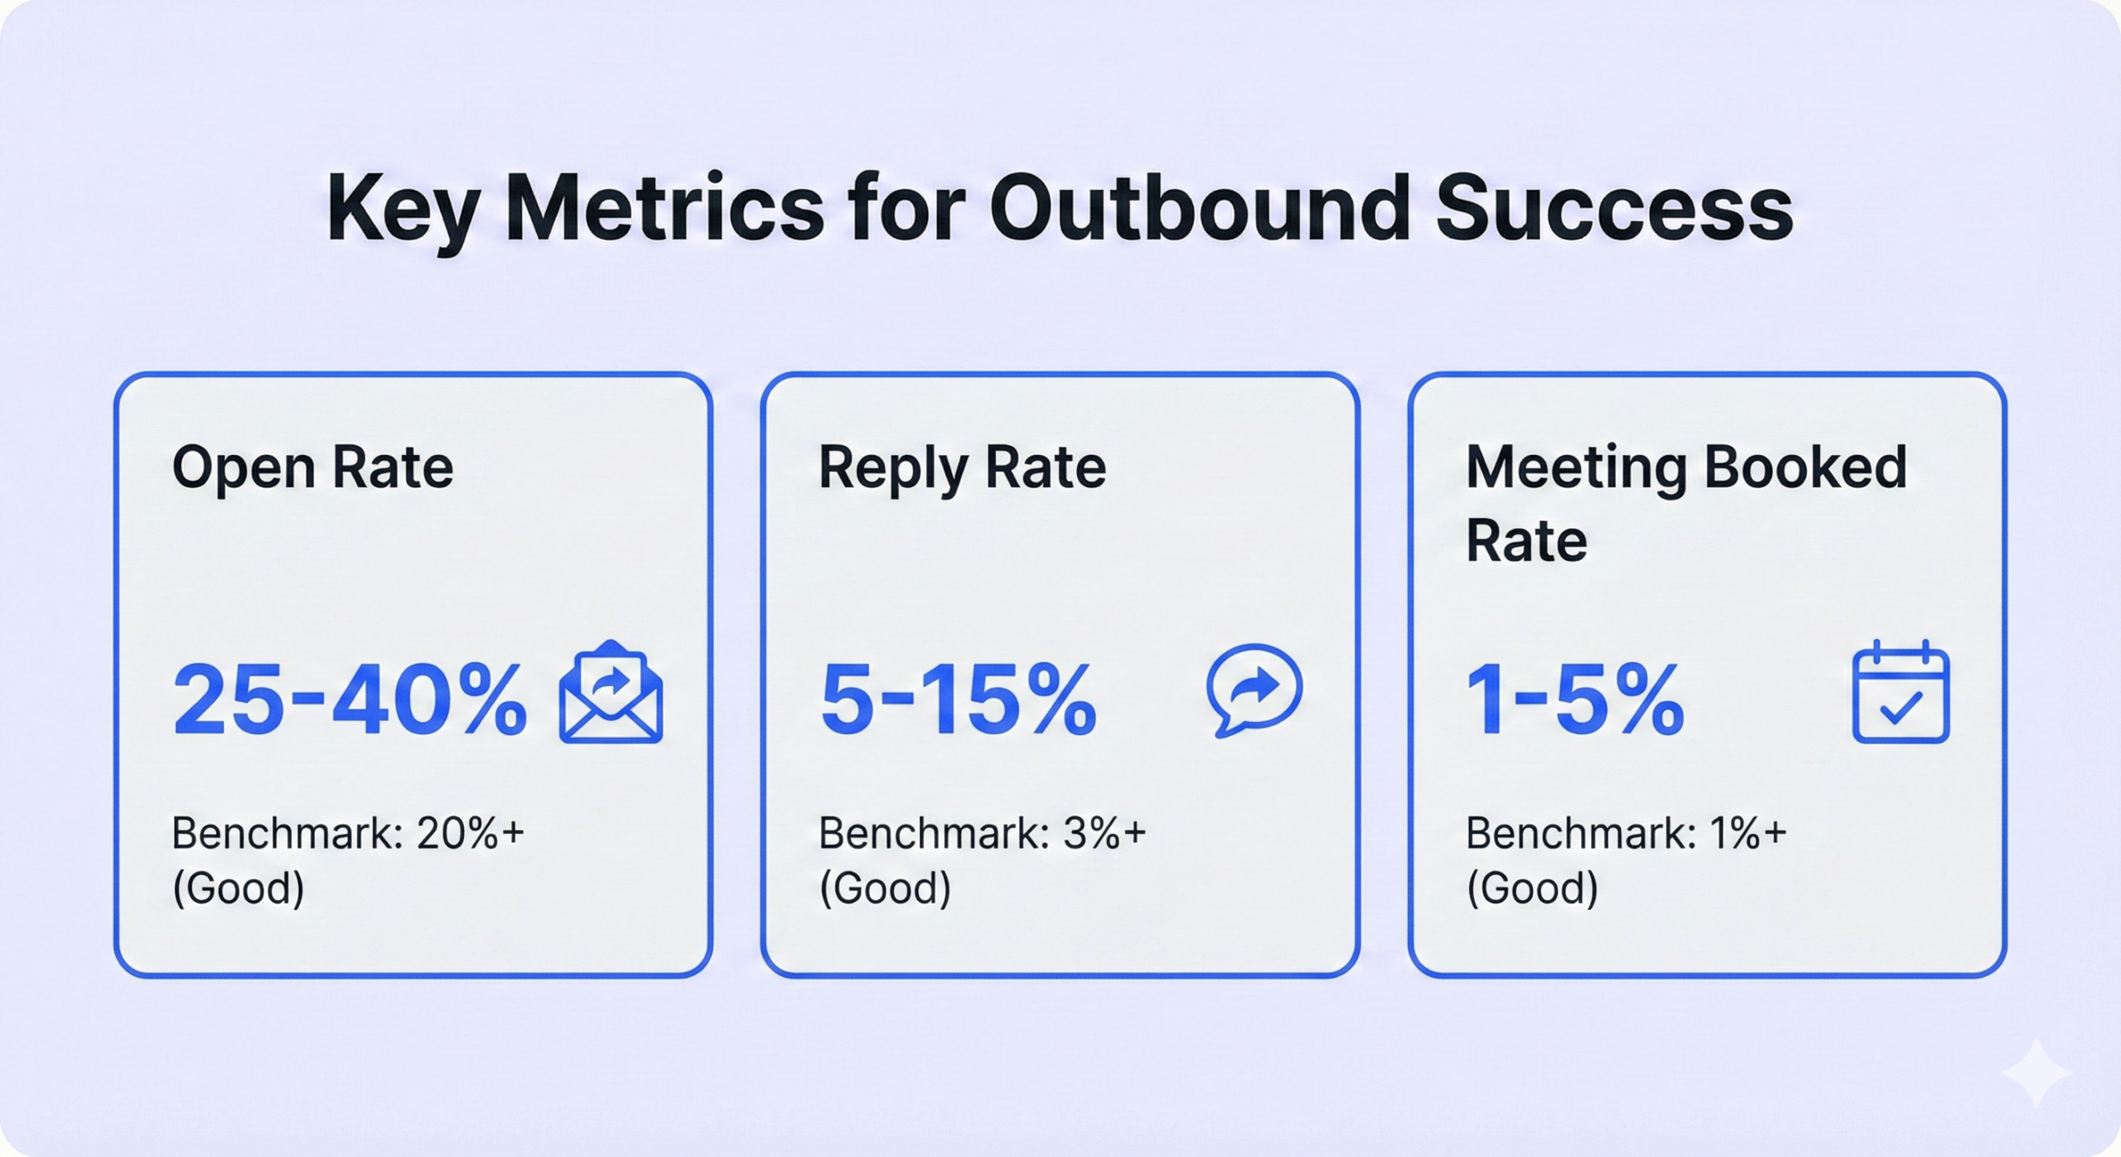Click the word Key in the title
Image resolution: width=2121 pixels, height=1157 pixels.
(x=402, y=211)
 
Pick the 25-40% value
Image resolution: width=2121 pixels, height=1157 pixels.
(x=350, y=700)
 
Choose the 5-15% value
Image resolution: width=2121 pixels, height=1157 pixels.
(x=959, y=700)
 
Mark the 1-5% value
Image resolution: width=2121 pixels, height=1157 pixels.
(x=1575, y=700)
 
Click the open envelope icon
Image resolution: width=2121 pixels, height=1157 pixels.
(x=611, y=691)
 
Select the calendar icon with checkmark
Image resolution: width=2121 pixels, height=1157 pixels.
(x=1901, y=691)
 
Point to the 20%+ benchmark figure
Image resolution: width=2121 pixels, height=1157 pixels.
(x=471, y=833)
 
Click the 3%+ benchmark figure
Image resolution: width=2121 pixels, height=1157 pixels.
(x=1104, y=833)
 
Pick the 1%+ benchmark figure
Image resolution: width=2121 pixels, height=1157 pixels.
(x=1748, y=833)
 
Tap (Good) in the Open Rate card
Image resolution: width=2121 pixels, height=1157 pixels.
(x=239, y=888)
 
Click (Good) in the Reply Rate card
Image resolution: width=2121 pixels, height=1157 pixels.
(x=885, y=888)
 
